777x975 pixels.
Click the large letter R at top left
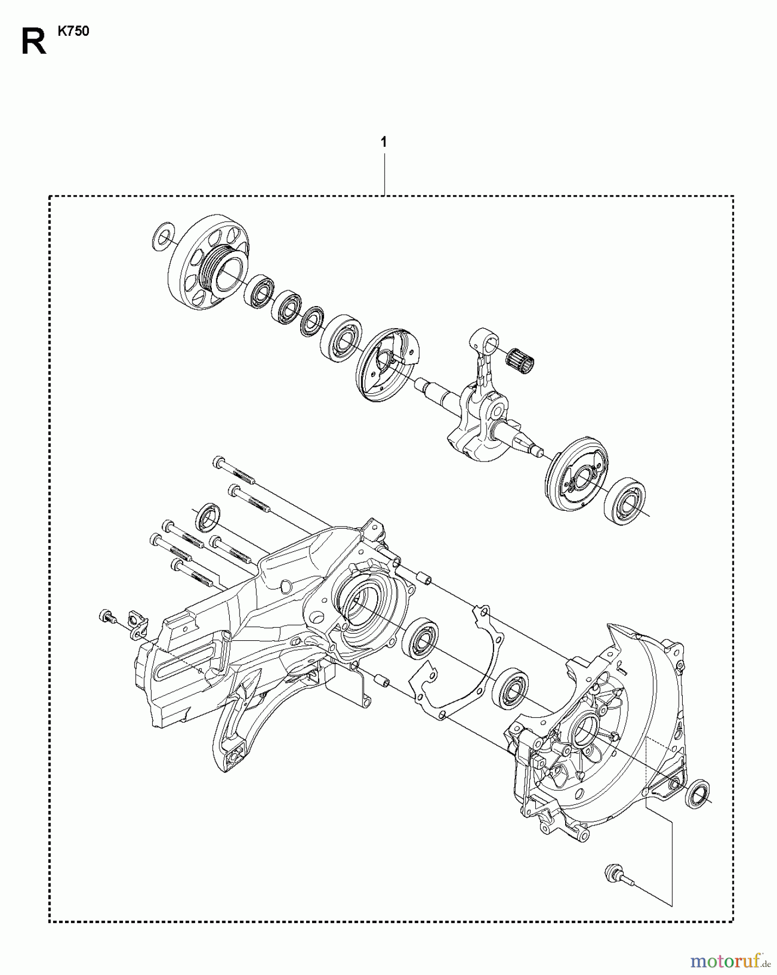[x=34, y=41]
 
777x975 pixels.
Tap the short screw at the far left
[x=106, y=616]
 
